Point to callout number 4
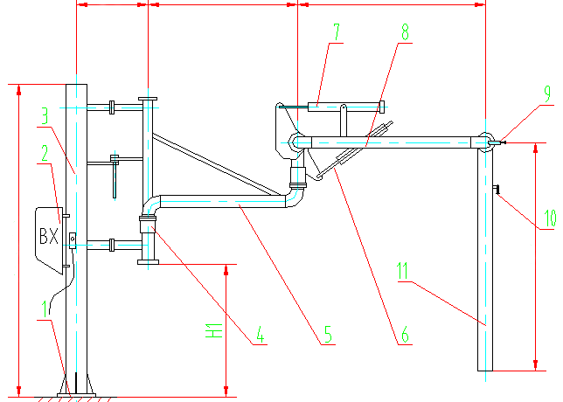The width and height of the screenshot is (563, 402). click(259, 333)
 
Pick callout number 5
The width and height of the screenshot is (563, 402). click(327, 333)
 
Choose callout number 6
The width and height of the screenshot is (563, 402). click(404, 333)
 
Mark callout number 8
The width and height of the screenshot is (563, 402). click(403, 31)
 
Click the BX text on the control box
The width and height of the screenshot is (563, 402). click(48, 236)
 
